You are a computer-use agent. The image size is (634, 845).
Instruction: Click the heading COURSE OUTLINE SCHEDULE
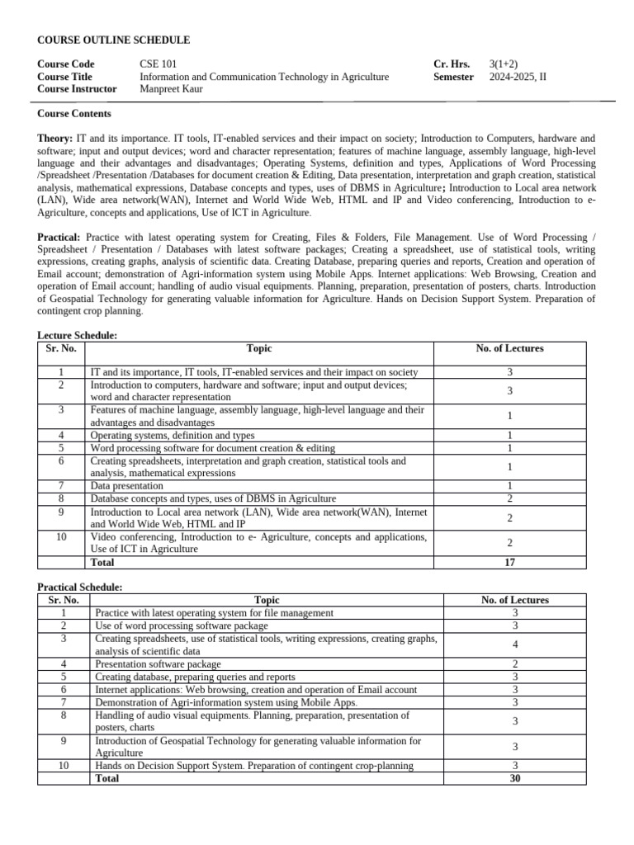(114, 40)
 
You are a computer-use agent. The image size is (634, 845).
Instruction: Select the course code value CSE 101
(158, 64)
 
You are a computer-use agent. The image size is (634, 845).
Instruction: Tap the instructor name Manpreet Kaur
(175, 89)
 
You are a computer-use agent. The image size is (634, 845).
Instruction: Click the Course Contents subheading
(74, 114)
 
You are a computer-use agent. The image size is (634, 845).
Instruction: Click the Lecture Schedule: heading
(78, 336)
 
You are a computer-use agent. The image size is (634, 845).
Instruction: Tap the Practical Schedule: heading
(80, 587)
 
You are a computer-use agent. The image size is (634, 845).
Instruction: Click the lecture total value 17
(509, 562)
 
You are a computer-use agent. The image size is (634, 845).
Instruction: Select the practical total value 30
(514, 778)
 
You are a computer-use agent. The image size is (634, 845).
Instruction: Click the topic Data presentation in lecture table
(127, 486)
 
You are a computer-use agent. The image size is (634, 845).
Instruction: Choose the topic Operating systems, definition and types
(173, 435)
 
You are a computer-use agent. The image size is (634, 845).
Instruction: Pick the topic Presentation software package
(158, 663)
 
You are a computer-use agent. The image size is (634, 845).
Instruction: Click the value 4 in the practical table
(514, 644)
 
